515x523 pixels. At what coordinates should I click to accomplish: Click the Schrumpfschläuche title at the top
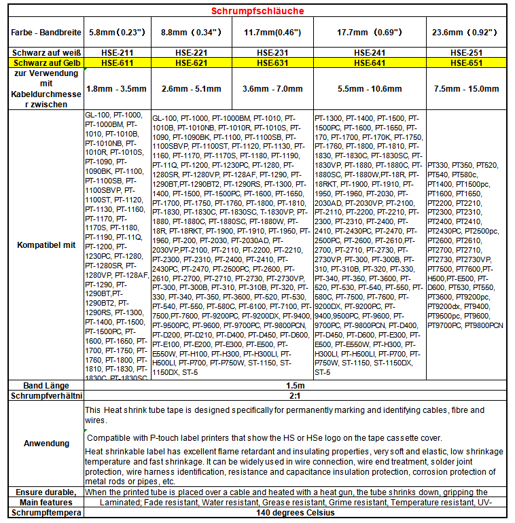[x=257, y=11]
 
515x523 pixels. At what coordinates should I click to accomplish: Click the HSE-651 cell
[x=467, y=62]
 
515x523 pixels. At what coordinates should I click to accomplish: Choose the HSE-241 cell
[x=369, y=52]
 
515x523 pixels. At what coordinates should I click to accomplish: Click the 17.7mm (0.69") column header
[x=369, y=32]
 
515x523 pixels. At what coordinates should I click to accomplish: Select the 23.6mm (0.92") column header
[x=467, y=32]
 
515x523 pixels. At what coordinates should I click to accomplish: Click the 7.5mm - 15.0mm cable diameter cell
[x=467, y=89]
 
